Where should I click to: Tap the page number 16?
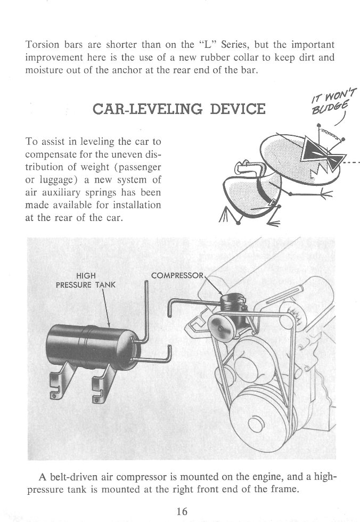181,511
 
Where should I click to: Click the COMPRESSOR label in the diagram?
176,276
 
